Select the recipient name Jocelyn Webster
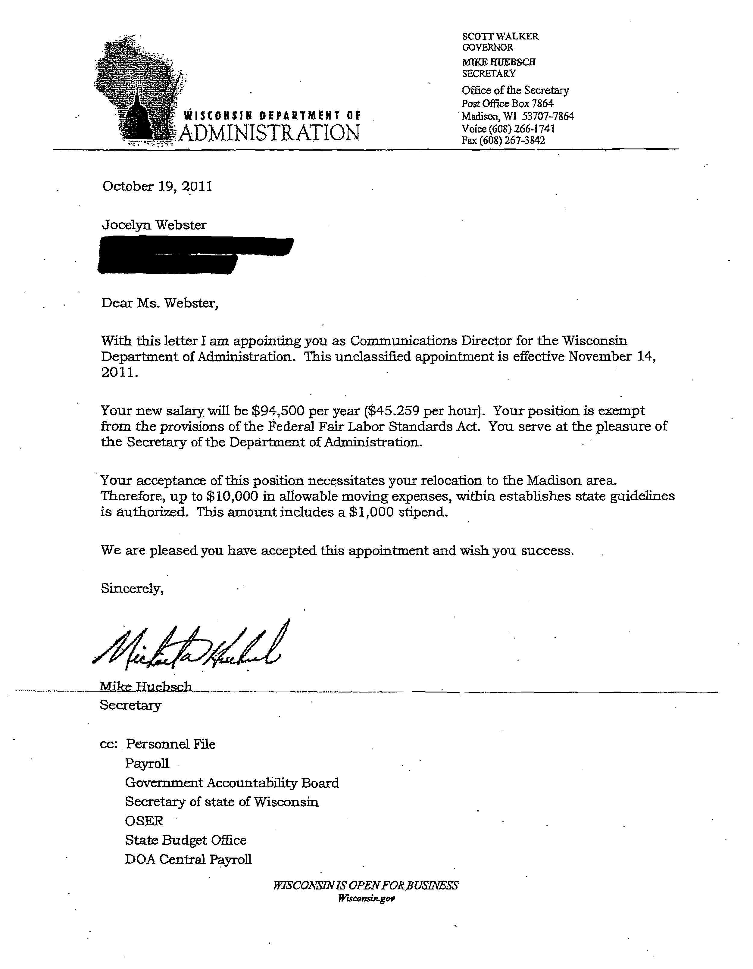click(x=154, y=225)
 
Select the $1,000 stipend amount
click(x=371, y=512)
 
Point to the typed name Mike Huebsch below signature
click(x=145, y=686)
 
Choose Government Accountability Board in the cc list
click(x=232, y=783)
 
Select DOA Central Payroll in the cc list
click(x=188, y=859)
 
